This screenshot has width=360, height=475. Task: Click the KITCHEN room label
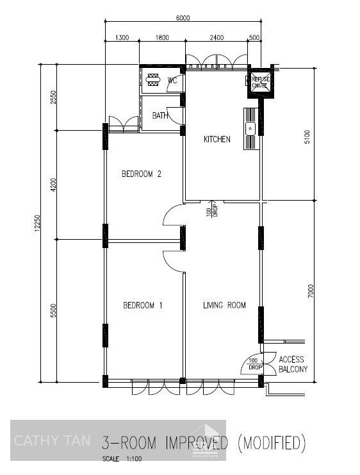pos(217,140)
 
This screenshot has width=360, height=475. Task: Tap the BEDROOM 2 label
pos(141,174)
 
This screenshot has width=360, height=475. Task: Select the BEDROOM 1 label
pos(142,306)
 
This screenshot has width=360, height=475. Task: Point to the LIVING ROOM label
pos(224,306)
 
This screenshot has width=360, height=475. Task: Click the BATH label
pos(160,116)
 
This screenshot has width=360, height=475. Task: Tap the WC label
pos(172,81)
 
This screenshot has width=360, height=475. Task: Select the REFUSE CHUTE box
pos(260,81)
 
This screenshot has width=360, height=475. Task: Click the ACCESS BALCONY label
pos(293,365)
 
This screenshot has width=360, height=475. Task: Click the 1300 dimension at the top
pos(122,38)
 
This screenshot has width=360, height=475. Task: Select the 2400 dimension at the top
pos(217,38)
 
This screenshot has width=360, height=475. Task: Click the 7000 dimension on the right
pos(310,292)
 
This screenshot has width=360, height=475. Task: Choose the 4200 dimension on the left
pos(54,185)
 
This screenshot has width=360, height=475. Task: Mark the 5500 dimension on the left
pos(54,311)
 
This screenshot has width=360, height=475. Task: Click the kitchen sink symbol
pos(249,128)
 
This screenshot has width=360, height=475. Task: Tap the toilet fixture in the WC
pos(154,80)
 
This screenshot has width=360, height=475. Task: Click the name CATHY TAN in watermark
pos(52,441)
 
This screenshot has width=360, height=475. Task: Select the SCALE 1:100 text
pos(123,459)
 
